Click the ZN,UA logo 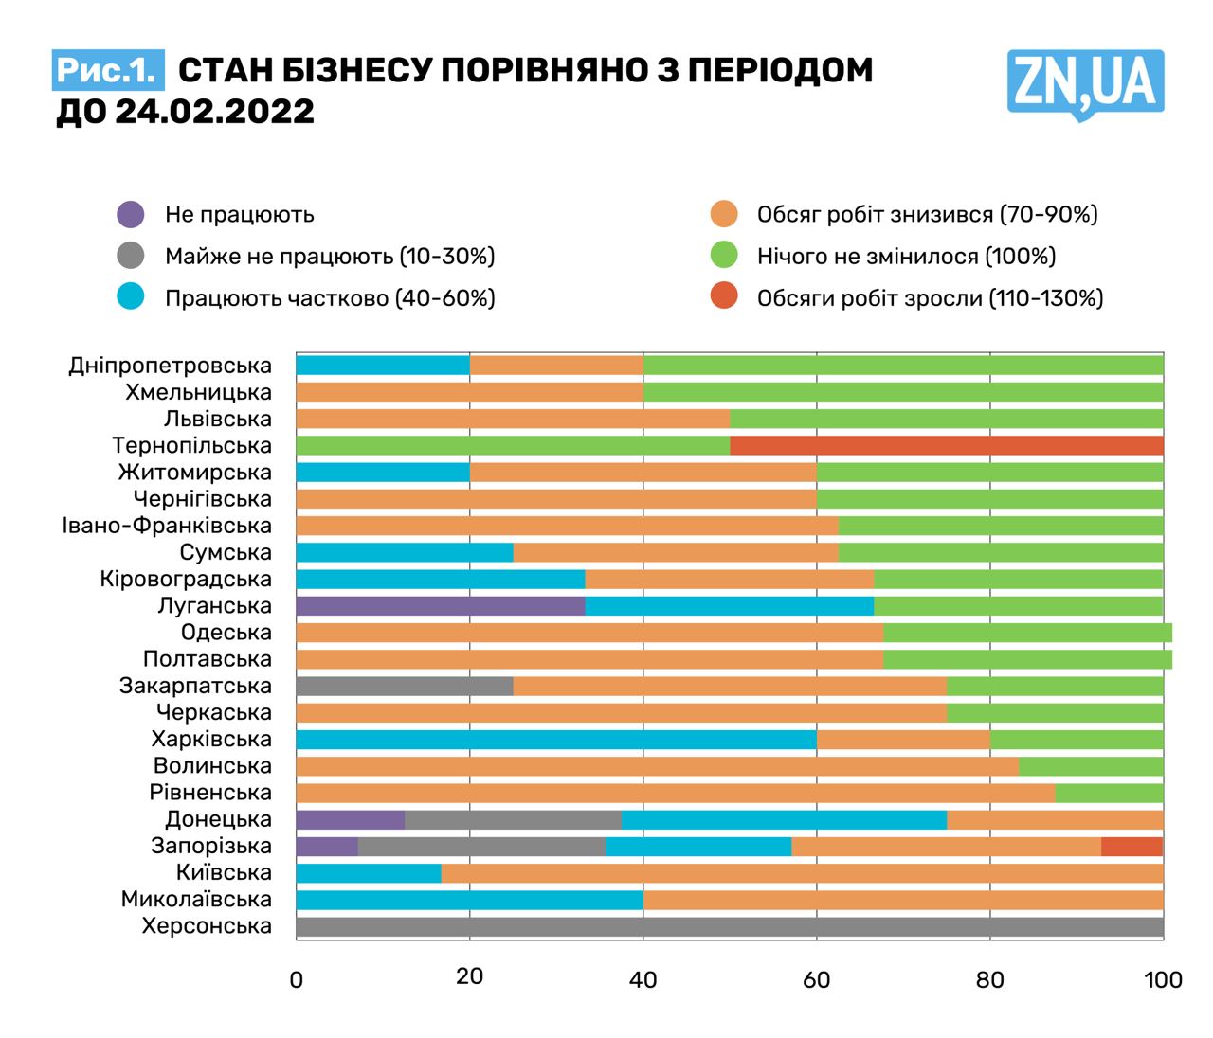pyautogui.click(x=1085, y=83)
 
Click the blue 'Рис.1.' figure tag pyautogui.click(x=107, y=70)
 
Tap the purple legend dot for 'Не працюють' pyautogui.click(x=131, y=214)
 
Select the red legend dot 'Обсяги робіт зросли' pyautogui.click(x=724, y=297)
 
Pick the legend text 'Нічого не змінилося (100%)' pyautogui.click(x=906, y=256)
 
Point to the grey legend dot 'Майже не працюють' pyautogui.click(x=131, y=256)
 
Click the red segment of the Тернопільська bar pyautogui.click(x=946, y=445)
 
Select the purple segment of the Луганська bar pyautogui.click(x=440, y=606)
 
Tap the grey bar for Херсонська pyautogui.click(x=730, y=926)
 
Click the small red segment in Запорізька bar pyautogui.click(x=1132, y=847)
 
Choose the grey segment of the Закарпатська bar pyautogui.click(x=404, y=686)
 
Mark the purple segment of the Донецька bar pyautogui.click(x=350, y=820)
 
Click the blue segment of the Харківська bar pyautogui.click(x=555, y=740)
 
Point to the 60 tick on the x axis pyautogui.click(x=816, y=978)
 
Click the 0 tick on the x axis pyautogui.click(x=297, y=979)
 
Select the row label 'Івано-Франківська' pyautogui.click(x=167, y=526)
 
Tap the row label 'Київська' pyautogui.click(x=224, y=872)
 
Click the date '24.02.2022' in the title pyautogui.click(x=214, y=112)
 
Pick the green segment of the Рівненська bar pyautogui.click(x=1109, y=793)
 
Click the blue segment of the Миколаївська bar pyautogui.click(x=469, y=900)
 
